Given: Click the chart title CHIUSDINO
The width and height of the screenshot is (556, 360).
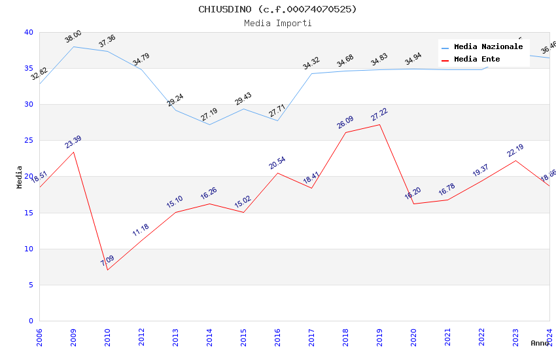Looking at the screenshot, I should pyautogui.click(x=277, y=9).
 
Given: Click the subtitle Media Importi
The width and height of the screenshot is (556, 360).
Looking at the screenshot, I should pyautogui.click(x=277, y=24).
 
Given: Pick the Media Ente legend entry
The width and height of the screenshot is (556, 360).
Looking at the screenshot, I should pyautogui.click(x=477, y=60).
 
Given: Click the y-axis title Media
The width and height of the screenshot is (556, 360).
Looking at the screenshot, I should pyautogui.click(x=20, y=177).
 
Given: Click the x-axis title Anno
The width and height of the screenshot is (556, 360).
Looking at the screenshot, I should pyautogui.click(x=540, y=343).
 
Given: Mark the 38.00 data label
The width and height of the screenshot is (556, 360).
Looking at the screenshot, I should pyautogui.click(x=73, y=37).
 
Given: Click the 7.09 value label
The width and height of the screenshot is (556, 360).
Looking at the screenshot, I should pyautogui.click(x=107, y=261).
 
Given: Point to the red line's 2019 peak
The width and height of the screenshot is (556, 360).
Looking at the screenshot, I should pyautogui.click(x=379, y=124).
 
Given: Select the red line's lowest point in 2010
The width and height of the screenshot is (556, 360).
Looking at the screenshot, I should pyautogui.click(x=107, y=270).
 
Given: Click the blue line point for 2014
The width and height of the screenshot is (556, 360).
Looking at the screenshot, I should pyautogui.click(x=209, y=124).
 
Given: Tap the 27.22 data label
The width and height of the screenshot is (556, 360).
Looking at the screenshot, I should pyautogui.click(x=379, y=115).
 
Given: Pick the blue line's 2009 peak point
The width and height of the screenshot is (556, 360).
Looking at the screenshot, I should pyautogui.click(x=73, y=46).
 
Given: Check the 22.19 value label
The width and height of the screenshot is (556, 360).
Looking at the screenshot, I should pyautogui.click(x=515, y=151).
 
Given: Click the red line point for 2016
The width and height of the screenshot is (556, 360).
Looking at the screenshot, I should pyautogui.click(x=277, y=173).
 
